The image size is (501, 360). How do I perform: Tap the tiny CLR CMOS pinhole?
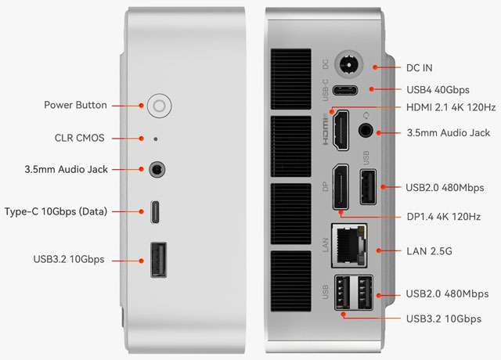click(155, 139)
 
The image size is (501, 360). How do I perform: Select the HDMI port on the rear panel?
click(341, 131)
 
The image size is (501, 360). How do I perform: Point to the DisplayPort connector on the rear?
click(341, 188)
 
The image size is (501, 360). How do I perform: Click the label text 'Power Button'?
click(76, 105)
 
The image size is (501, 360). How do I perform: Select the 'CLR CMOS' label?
click(80, 139)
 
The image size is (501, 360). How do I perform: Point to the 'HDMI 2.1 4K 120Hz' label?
click(451, 107)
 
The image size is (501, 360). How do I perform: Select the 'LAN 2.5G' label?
click(431, 250)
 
